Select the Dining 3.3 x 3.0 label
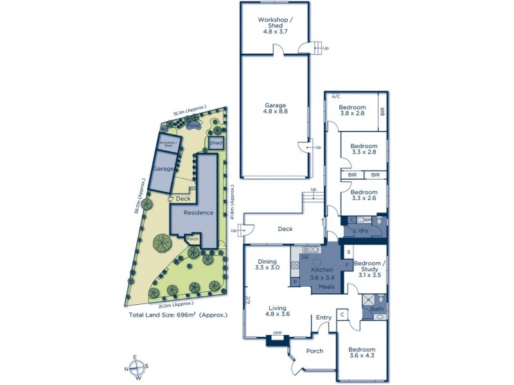267,264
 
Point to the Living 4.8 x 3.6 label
279,311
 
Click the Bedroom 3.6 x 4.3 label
362,353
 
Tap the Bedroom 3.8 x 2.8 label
352,110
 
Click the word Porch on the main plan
314,351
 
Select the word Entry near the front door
323,318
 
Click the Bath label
377,310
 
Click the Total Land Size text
178,315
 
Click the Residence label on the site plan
198,213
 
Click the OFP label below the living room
278,333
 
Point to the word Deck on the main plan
285,229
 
